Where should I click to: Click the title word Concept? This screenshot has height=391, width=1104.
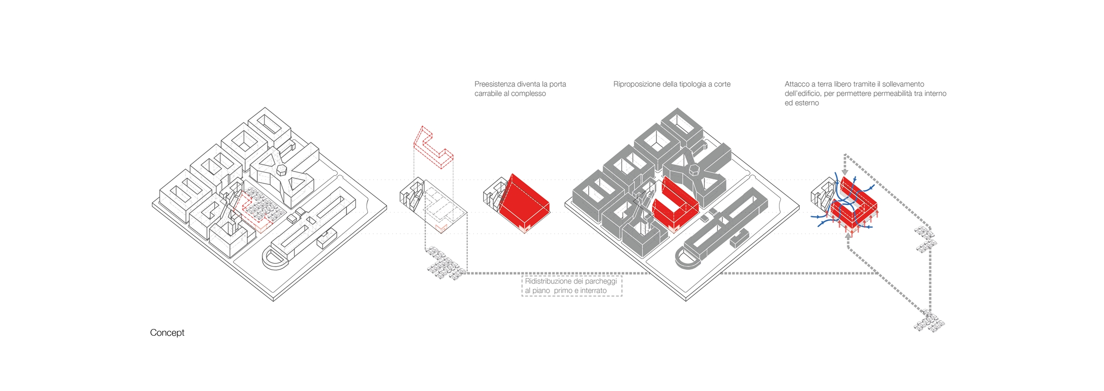pyautogui.click(x=167, y=333)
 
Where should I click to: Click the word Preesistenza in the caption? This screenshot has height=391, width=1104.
pyautogui.click(x=494, y=84)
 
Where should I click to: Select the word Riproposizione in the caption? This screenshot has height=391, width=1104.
pyautogui.click(x=636, y=84)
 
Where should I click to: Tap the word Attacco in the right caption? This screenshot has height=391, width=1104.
pyautogui.click(x=797, y=84)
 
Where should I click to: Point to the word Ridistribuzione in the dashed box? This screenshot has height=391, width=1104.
pyautogui.click(x=548, y=282)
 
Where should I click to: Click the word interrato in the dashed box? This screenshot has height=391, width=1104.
pyautogui.click(x=593, y=291)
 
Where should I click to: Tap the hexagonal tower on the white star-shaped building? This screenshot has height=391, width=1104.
pyautogui.click(x=282, y=170)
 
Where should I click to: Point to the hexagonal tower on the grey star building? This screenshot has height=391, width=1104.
pyautogui.click(x=694, y=170)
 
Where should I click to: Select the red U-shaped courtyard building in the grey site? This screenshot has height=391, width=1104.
pyautogui.click(x=674, y=205)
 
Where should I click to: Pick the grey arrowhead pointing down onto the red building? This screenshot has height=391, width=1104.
pyautogui.click(x=845, y=172)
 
